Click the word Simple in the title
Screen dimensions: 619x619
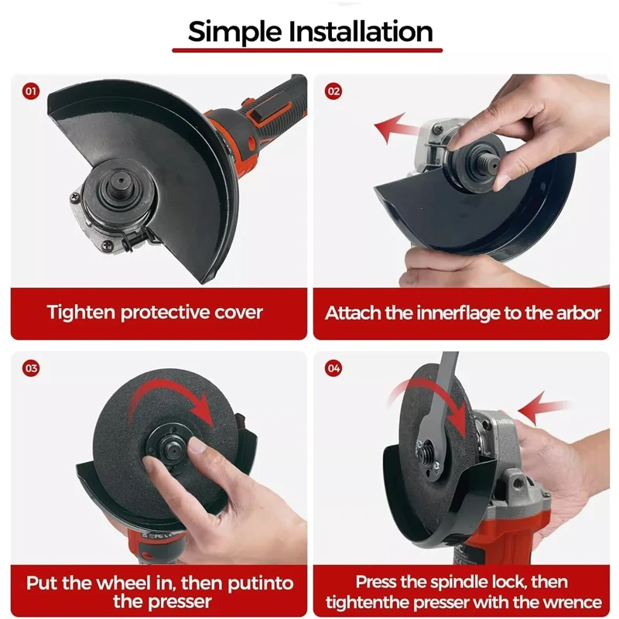tap(235, 32)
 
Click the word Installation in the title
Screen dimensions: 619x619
tap(361, 31)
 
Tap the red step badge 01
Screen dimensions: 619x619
tap(31, 91)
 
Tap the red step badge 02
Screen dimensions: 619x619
tap(333, 91)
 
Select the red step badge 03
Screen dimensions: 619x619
tap(31, 368)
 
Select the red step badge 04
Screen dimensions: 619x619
tap(333, 368)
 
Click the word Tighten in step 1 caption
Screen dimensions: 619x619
tap(81, 313)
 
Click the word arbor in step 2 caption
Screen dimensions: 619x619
tap(578, 313)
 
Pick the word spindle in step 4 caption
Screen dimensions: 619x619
tap(459, 583)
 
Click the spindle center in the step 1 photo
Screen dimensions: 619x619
tap(121, 183)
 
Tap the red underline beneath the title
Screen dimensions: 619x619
tap(307, 50)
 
